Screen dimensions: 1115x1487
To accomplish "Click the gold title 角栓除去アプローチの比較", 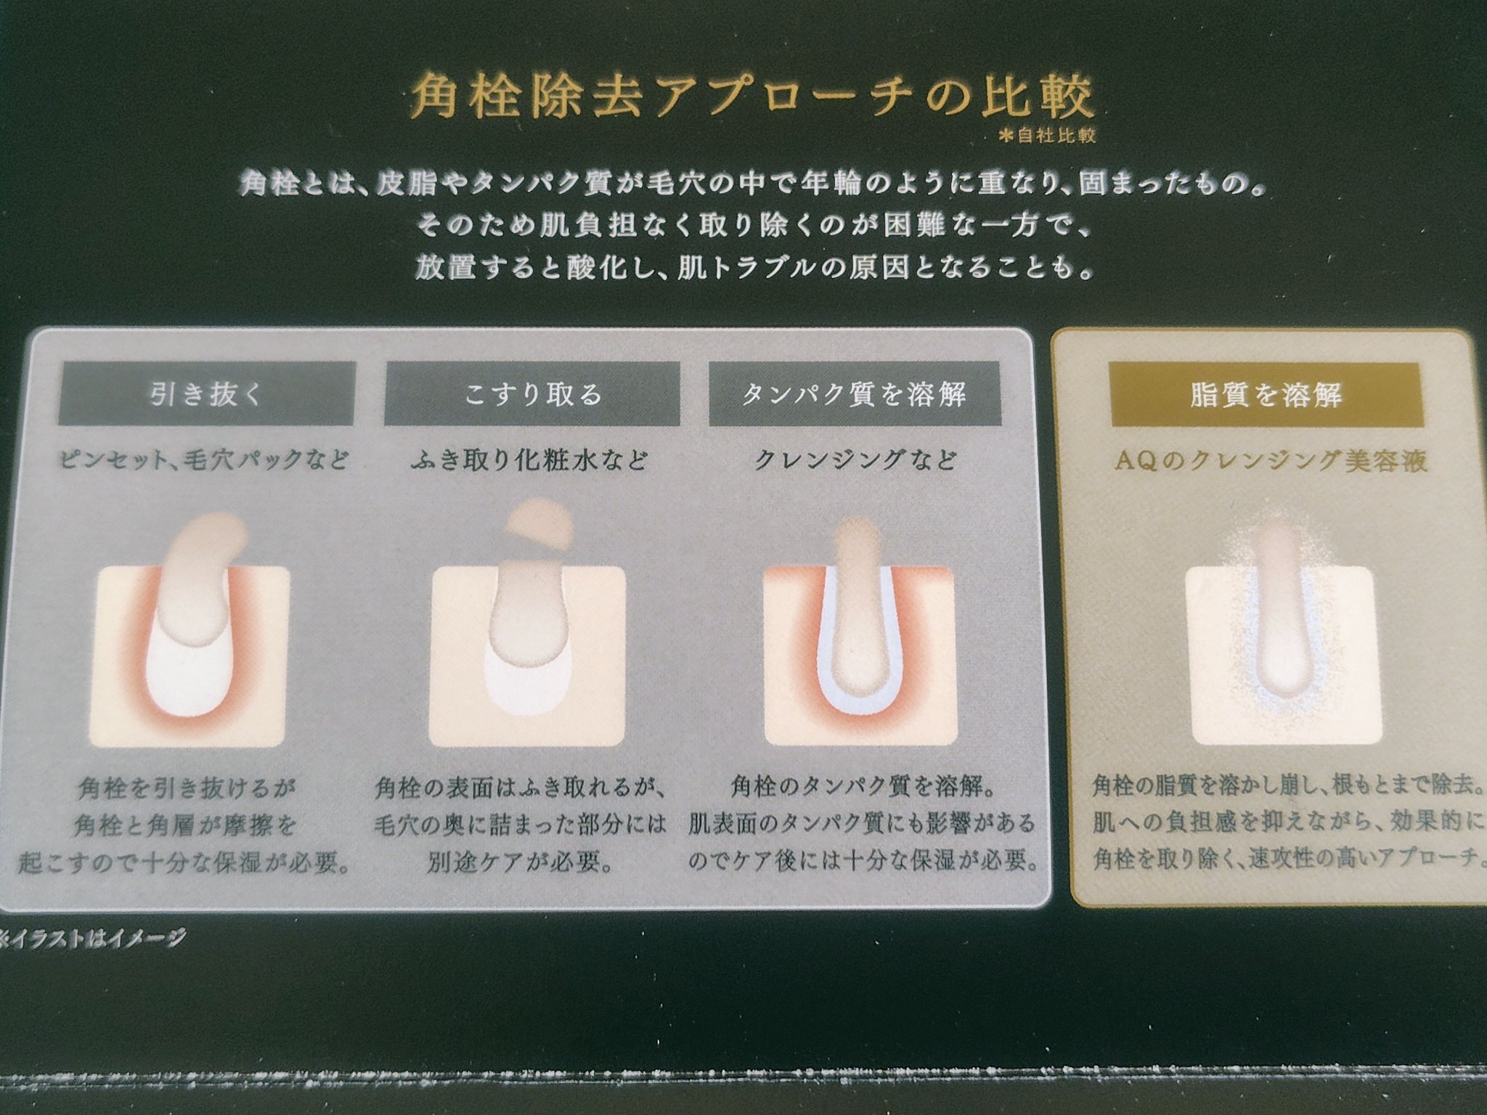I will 751,98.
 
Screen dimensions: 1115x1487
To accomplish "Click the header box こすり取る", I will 532,394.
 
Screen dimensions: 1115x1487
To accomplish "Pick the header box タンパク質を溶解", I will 854,394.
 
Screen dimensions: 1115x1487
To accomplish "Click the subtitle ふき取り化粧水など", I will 529,460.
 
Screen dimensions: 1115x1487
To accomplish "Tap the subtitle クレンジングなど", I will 855,460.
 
